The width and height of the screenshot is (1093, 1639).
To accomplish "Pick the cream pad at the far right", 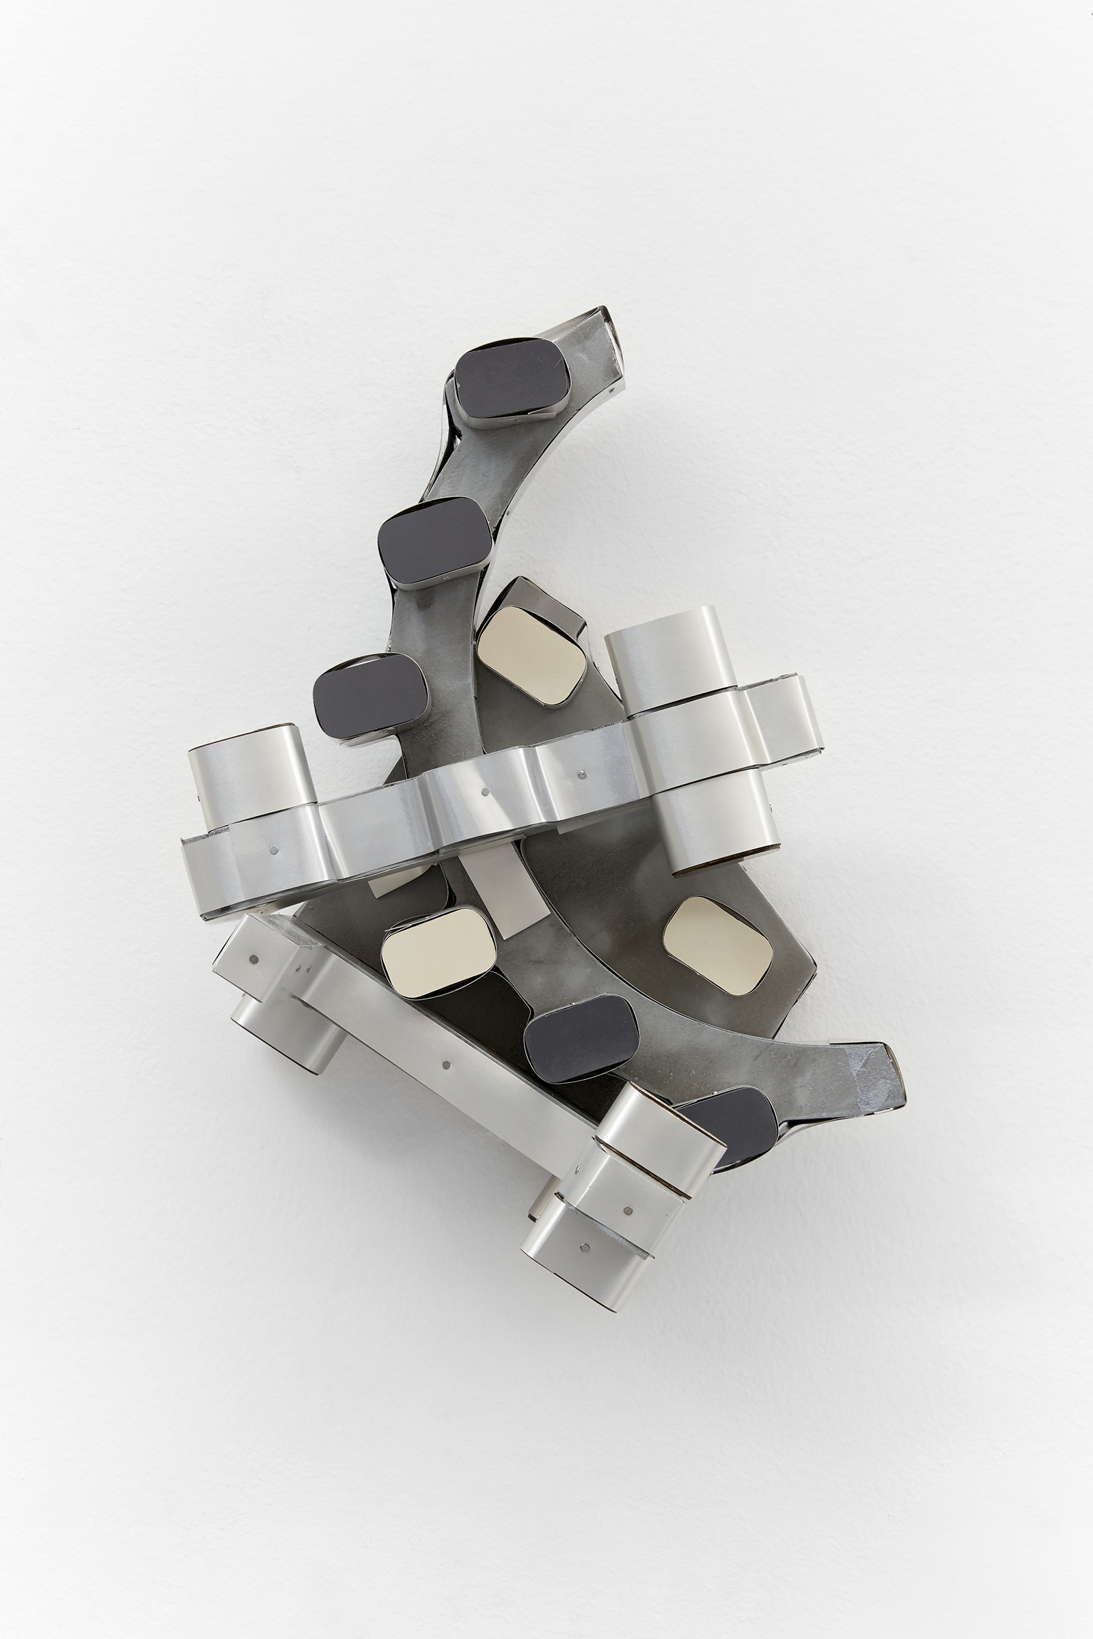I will tap(718, 944).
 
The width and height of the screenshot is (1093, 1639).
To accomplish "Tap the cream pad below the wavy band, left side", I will tap(439, 951).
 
